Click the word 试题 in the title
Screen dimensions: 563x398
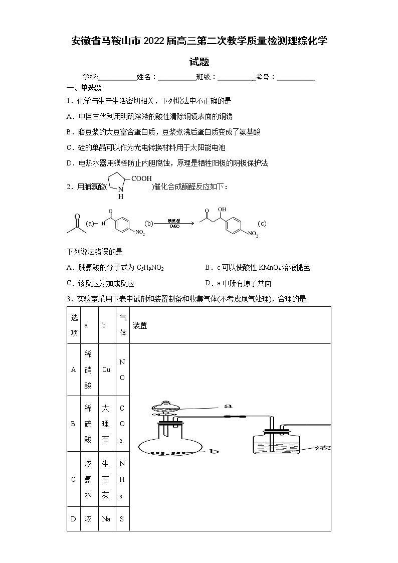tap(199, 62)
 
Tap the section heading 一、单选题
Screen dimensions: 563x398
tap(84, 88)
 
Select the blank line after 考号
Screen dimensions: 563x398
tap(296, 77)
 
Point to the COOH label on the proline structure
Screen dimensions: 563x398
tap(141, 178)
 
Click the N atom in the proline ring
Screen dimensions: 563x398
tap(120, 190)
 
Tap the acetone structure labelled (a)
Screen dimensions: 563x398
tap(76, 224)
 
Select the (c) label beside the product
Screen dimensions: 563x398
tap(262, 223)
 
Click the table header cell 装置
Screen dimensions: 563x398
tap(140, 325)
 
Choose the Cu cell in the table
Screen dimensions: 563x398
tap(106, 370)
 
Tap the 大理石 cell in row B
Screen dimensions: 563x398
tap(106, 424)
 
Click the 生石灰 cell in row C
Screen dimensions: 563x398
tap(106, 479)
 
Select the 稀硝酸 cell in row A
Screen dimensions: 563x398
tap(88, 370)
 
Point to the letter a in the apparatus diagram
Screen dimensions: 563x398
tap(228, 405)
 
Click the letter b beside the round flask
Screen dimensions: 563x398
tap(215, 451)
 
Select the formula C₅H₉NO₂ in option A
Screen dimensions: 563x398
tap(150, 268)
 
